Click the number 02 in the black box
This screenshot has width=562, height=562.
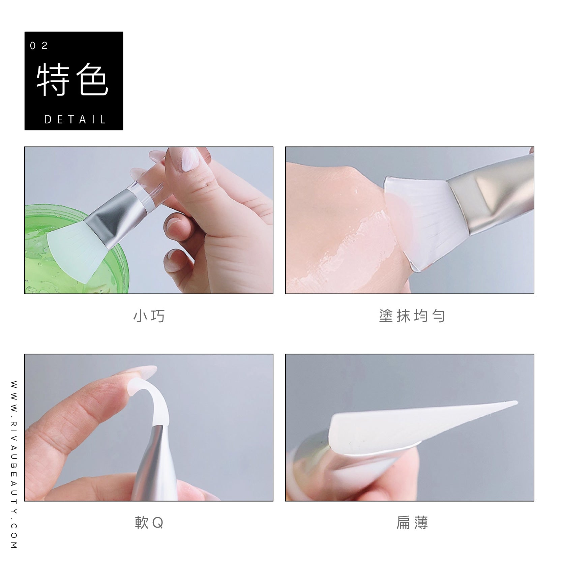pos(39,46)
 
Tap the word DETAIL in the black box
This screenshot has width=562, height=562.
pos(76,119)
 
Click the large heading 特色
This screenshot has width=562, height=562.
pos(72,81)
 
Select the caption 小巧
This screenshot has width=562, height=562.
pos(149,316)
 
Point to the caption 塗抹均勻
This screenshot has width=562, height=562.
pos(412,316)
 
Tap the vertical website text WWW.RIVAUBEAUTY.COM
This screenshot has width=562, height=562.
pos(14,465)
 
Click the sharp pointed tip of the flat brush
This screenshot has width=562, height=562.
pos(516,402)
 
